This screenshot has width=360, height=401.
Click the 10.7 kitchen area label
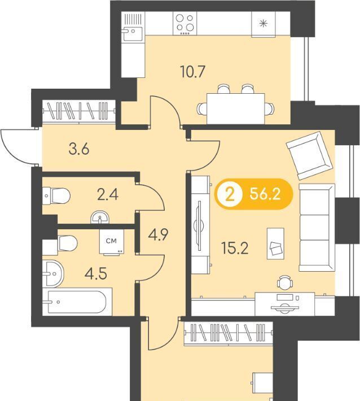tap(192, 72)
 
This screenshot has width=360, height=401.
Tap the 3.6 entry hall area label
tap(79, 149)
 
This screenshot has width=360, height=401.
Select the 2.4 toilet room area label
tap(108, 195)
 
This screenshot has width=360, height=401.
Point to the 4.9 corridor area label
tap(158, 235)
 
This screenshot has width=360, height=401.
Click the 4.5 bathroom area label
tap(96, 274)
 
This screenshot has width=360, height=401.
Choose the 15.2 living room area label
tap(235, 249)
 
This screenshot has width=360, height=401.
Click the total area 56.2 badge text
tap(265, 194)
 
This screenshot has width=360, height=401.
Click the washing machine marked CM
tap(112, 242)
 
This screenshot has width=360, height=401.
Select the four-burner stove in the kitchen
tap(185, 23)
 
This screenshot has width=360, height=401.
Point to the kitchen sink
tap(133, 27)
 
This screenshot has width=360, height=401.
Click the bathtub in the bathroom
tap(77, 302)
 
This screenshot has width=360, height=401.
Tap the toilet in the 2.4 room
tap(56, 196)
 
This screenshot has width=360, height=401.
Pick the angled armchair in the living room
tap(310, 155)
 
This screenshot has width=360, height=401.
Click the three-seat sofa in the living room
tap(317, 228)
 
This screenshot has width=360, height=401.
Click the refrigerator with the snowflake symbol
tap(264, 24)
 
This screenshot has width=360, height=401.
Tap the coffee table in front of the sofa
tap(275, 243)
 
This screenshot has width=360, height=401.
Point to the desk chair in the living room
tap(285, 282)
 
